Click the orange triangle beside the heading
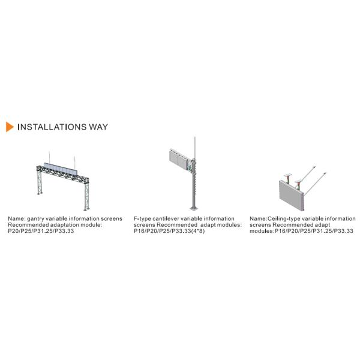(10, 127)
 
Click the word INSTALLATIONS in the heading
(52, 127)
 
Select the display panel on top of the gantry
(60, 169)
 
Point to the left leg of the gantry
(40, 182)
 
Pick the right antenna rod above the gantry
(74, 163)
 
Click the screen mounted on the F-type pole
(179, 160)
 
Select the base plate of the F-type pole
(194, 208)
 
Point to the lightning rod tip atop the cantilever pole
(194, 137)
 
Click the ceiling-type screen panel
(292, 196)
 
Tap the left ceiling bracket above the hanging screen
(287, 177)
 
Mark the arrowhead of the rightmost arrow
(325, 173)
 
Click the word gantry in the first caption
(35, 219)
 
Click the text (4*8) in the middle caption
(197, 231)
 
